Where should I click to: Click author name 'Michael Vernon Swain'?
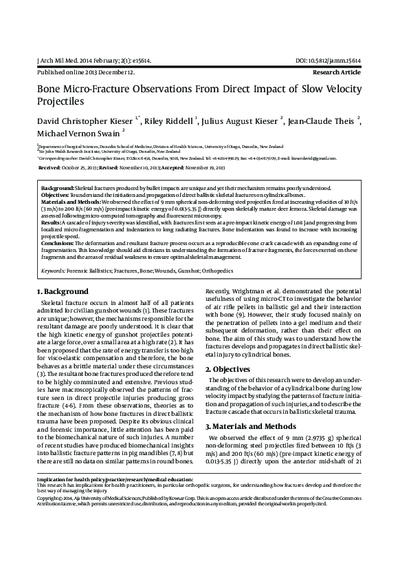click(x=77, y=132)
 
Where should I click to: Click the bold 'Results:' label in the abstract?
click(x=52, y=223)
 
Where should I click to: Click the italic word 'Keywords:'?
click(x=54, y=271)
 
